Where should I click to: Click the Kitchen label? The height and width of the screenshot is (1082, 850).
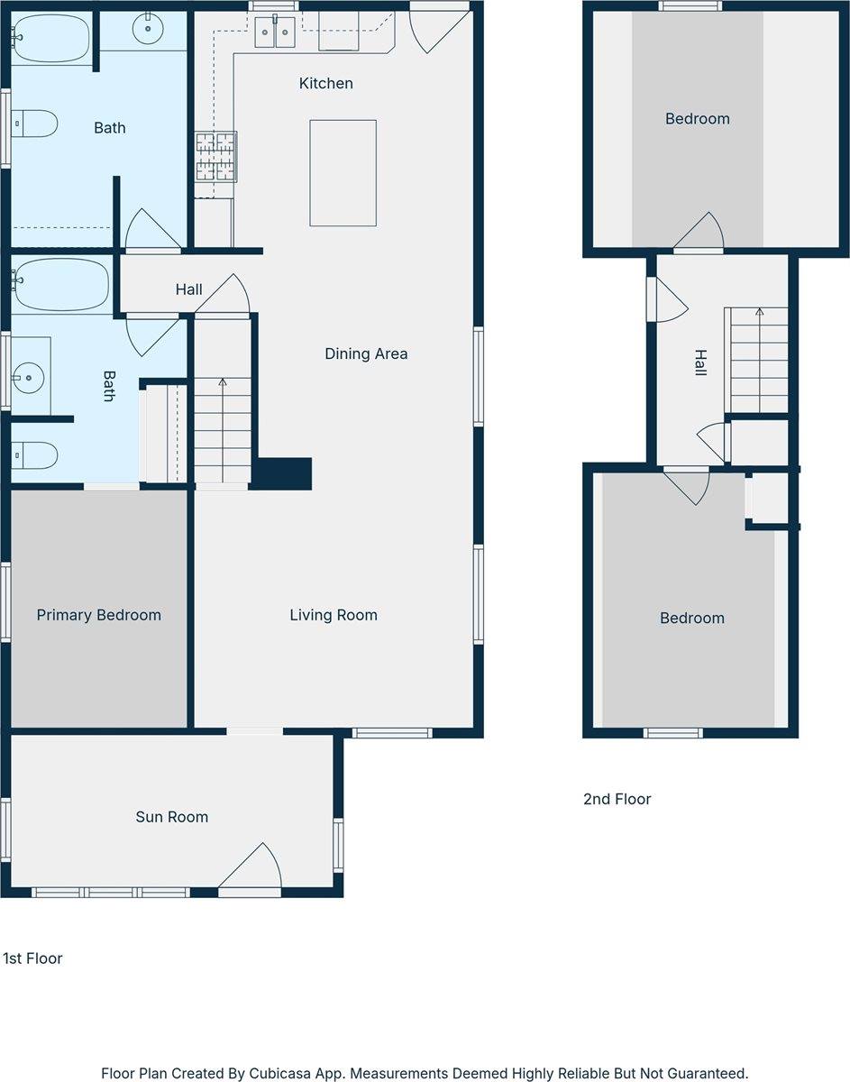325,84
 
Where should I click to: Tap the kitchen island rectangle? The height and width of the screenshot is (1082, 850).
343,172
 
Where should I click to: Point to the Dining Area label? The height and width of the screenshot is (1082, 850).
366,353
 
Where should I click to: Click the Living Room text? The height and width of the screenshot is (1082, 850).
334,615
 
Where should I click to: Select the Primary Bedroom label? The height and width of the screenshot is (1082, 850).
98,615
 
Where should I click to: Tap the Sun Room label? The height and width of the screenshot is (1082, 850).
171,817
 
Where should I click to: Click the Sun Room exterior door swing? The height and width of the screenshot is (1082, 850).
253,867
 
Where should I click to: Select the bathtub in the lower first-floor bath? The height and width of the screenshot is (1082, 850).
60,284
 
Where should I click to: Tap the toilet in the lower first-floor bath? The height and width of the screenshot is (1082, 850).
34,455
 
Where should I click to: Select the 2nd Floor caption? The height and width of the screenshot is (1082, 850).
617,799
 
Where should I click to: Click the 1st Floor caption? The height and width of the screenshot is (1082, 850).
32,958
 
